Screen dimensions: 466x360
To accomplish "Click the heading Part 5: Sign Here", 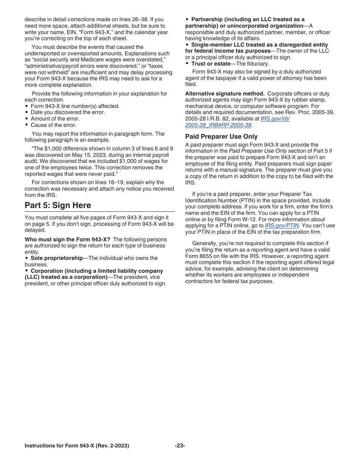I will [x=58, y=205].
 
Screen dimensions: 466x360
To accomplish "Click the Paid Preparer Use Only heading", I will [x=221, y=136].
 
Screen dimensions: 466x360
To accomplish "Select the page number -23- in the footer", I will [x=180, y=446].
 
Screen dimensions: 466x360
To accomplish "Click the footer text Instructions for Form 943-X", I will [x=77, y=446].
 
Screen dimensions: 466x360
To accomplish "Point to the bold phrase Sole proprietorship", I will [x=56, y=258].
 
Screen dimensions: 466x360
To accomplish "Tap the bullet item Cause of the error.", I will [x=53, y=125].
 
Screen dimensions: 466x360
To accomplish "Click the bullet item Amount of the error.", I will [x=55, y=119].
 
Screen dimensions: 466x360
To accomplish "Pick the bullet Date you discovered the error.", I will [x=67, y=112].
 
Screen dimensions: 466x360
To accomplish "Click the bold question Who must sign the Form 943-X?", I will [x=67, y=239].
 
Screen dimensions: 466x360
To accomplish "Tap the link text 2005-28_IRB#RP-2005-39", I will [x=218, y=125].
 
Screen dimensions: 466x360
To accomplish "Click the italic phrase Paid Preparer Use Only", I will [x=258, y=151].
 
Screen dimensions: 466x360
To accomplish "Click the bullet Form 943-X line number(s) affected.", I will [x=75, y=106].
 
